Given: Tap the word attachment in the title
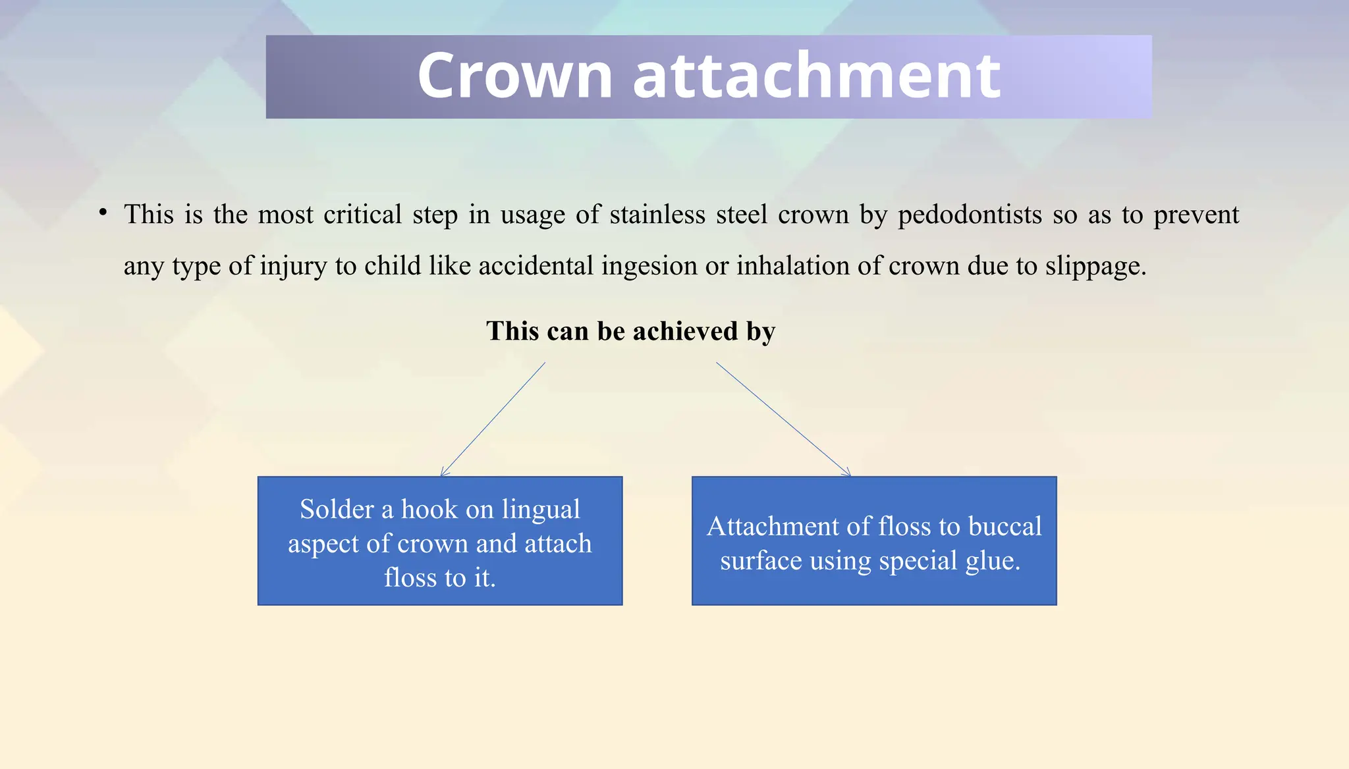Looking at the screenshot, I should (817, 76).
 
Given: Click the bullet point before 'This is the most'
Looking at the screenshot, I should (103, 212).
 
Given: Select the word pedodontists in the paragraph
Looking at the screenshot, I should (970, 215).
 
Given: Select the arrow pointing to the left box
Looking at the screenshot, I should (493, 419).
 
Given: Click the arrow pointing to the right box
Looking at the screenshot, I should (784, 419).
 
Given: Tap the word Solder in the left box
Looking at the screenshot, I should (337, 510).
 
